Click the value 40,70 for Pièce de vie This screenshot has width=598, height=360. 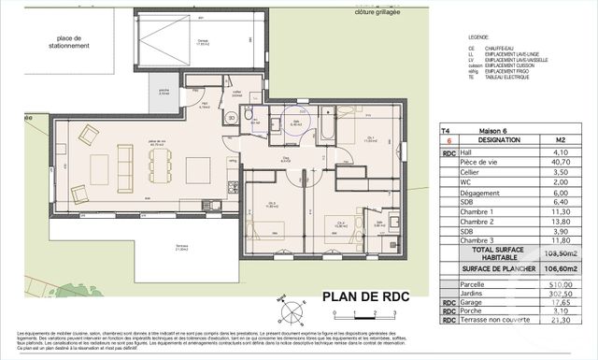point(559,161)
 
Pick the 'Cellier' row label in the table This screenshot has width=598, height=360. point(473,173)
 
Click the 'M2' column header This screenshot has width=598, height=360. point(559,139)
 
